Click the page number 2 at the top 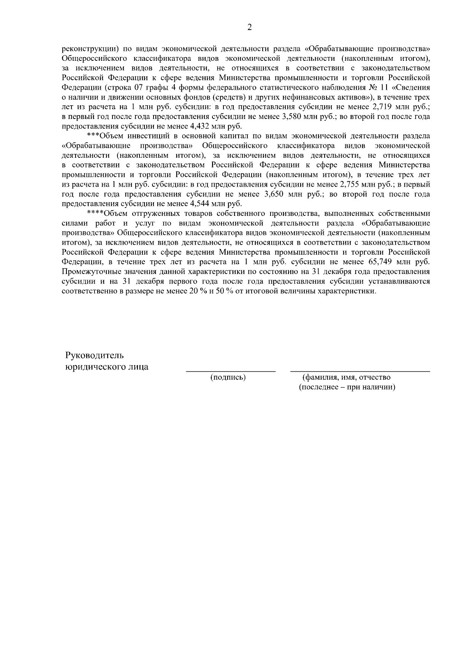click(x=249, y=27)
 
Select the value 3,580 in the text click(x=291, y=117)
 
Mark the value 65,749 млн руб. click(x=398, y=262)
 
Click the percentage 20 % click(x=196, y=291)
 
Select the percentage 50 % click(x=225, y=291)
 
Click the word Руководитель click(x=95, y=355)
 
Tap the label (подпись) click(x=228, y=377)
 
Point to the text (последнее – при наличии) click(x=347, y=387)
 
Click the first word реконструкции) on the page click(x=90, y=49)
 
